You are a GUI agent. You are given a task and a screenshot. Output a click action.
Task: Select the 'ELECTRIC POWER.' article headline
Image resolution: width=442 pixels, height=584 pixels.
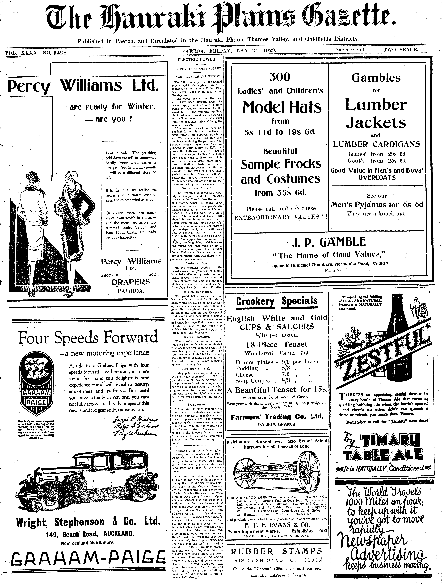tap(197, 59)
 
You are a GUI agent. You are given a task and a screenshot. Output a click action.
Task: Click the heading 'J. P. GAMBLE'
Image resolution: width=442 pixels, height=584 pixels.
tap(329, 242)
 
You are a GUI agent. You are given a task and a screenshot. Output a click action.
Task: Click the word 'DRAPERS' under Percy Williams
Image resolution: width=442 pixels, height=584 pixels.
tap(131, 282)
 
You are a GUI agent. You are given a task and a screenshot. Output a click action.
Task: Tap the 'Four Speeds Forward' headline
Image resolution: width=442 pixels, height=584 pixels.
tap(88, 337)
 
